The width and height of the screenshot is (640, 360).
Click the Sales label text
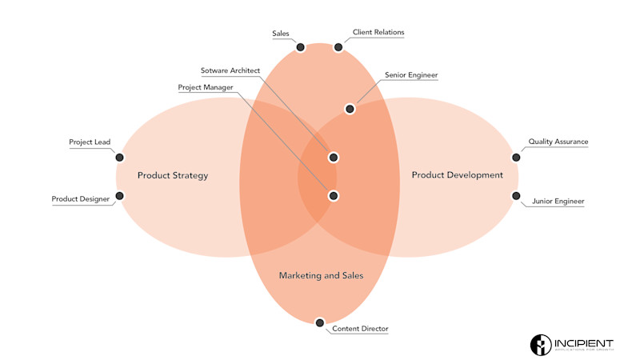click(280, 34)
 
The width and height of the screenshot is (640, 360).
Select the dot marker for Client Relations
click(338, 47)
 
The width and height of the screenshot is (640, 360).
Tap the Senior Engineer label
click(411, 75)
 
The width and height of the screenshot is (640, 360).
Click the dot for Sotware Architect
click(334, 157)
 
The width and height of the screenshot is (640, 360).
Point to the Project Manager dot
click(334, 195)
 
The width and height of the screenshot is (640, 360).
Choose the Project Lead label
click(90, 142)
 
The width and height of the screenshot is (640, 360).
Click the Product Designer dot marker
click(119, 196)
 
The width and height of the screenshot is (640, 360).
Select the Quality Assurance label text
click(558, 142)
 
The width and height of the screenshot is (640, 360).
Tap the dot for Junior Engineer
click(516, 195)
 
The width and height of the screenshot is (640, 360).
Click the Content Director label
click(360, 329)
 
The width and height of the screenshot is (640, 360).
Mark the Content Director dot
click(320, 322)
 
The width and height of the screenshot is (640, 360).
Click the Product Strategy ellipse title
click(173, 175)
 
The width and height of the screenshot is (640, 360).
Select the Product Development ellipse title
click(458, 175)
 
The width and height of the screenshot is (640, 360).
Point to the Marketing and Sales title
click(321, 275)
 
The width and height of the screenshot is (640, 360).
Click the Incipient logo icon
click(542, 345)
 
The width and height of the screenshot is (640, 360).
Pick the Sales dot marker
click(301, 47)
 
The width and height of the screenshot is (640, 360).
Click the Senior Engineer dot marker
click(350, 109)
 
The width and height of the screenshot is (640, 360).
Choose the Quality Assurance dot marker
click(516, 158)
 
